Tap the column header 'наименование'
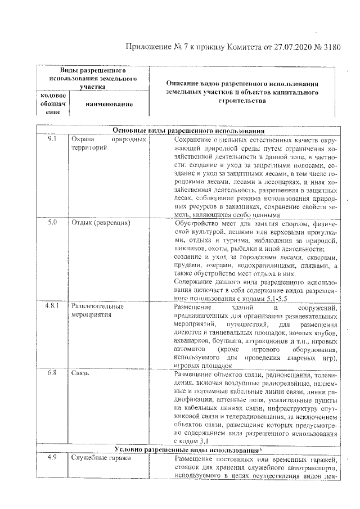[109, 104]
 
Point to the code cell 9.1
[52, 139]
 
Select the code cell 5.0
[52, 223]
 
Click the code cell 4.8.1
[52, 307]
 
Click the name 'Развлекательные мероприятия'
[97, 311]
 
